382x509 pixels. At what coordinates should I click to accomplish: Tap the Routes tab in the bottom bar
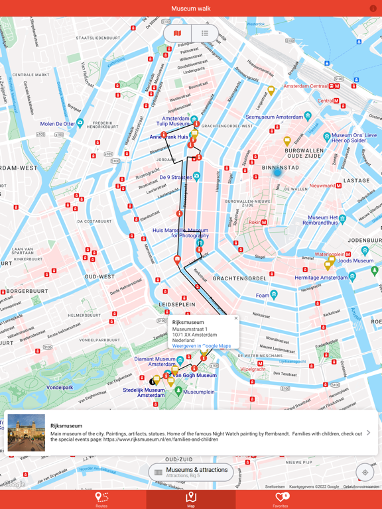[x=101, y=499]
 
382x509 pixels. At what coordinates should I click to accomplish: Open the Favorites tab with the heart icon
[x=281, y=499]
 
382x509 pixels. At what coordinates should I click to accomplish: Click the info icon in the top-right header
[x=373, y=9]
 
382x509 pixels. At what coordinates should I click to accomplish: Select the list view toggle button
[x=205, y=33]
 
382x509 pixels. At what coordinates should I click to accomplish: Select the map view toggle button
[x=177, y=33]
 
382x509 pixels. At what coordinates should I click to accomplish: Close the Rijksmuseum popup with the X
[x=235, y=319]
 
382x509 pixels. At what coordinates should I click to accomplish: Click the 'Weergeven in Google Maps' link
[x=202, y=346]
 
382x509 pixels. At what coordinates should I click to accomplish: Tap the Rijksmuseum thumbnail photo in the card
[x=27, y=433]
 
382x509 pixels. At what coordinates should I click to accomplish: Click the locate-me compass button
[x=364, y=472]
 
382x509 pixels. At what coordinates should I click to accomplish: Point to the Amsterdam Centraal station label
[x=306, y=86]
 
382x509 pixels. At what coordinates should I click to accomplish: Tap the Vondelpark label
[x=60, y=387]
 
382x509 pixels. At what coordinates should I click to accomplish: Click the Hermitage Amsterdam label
[x=321, y=278]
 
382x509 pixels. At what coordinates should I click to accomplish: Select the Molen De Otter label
[x=57, y=124]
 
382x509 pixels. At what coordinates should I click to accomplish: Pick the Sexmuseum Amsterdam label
[x=274, y=117]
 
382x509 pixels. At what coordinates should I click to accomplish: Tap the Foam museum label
[x=263, y=296]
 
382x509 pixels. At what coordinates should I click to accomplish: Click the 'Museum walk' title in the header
[x=191, y=9]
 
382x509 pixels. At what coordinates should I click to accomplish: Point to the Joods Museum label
[x=355, y=261]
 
